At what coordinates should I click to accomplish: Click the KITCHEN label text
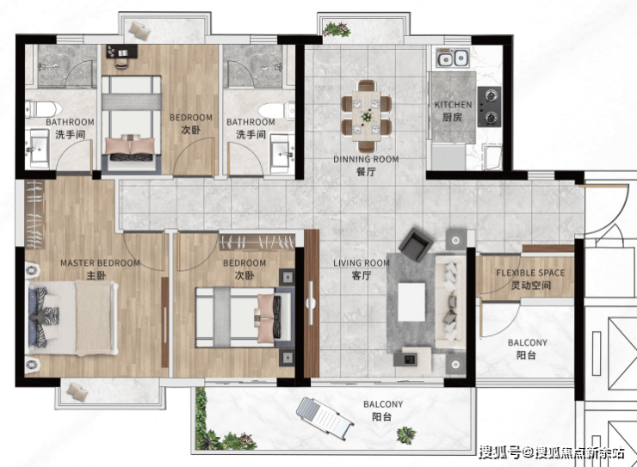point(453,105)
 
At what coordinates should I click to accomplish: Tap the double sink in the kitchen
point(453,58)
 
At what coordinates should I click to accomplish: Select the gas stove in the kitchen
point(489,107)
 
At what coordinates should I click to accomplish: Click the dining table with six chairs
point(367,116)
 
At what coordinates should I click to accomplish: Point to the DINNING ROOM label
point(366,159)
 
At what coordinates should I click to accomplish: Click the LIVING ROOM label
point(362,263)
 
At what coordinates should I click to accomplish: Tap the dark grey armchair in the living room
point(416,244)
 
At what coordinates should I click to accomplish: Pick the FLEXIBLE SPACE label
point(530,273)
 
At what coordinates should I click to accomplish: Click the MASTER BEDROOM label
point(100,263)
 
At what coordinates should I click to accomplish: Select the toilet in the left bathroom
point(43,109)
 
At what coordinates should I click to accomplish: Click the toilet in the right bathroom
point(276,109)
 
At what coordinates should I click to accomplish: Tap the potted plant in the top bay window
point(337,29)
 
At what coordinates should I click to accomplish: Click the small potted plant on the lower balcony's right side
point(406,435)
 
